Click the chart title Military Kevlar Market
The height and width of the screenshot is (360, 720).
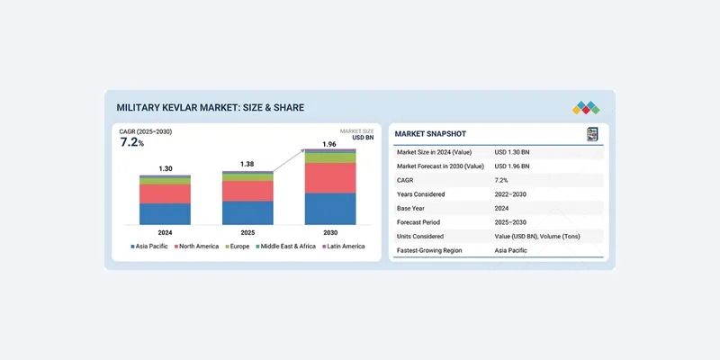(210, 107)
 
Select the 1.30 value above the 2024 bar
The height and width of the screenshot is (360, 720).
(166, 168)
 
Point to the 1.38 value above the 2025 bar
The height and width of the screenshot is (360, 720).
(247, 164)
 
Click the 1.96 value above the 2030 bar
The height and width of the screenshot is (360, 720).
(330, 144)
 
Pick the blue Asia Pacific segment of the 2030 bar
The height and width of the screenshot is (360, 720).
(330, 209)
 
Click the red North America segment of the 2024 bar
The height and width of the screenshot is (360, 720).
(166, 193)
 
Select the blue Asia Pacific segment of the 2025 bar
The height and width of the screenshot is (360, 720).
(247, 212)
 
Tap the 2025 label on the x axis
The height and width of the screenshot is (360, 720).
(247, 231)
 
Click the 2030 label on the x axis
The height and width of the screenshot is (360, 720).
(330, 231)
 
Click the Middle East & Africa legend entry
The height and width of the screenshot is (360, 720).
(285, 246)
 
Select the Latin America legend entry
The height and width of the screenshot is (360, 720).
(343, 246)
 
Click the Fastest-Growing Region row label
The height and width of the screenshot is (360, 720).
(429, 250)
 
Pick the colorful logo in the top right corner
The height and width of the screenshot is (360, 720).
(586, 107)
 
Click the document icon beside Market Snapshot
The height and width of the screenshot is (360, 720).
(592, 134)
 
